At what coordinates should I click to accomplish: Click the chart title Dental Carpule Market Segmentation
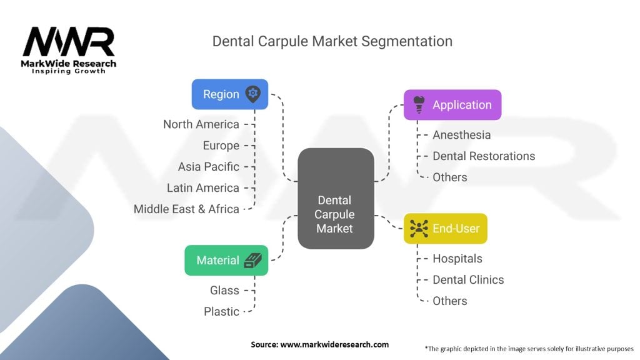pos(332,41)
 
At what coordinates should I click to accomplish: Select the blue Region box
pos(229,94)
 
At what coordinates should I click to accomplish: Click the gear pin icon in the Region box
pos(253,94)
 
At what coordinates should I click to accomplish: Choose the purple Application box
pos(452,105)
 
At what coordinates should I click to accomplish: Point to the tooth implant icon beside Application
pos(419,105)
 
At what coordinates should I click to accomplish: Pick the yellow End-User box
pos(445,228)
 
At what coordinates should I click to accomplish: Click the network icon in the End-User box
pos(418,228)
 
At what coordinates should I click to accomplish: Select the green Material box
pos(226,260)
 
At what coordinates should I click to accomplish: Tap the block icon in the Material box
pos(254,261)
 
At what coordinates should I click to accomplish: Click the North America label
pos(201,124)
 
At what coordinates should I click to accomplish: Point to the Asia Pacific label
pos(208,167)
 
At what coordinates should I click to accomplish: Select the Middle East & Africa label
pos(186,209)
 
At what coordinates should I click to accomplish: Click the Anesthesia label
pos(461,135)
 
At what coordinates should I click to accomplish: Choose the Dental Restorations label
pos(484,156)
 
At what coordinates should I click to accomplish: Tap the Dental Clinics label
pos(468,279)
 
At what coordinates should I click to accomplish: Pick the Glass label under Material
pos(224,290)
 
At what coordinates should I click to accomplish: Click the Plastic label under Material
pos(221,311)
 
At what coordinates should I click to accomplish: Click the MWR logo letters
pos(69,42)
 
